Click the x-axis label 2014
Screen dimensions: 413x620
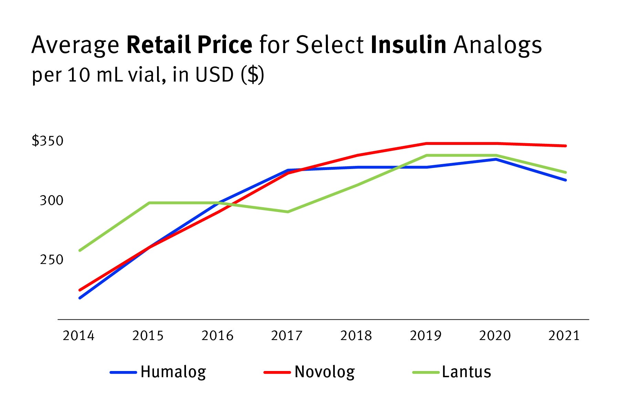click(x=79, y=336)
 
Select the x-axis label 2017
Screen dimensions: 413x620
click(x=287, y=336)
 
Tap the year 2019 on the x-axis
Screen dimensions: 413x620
click(x=425, y=336)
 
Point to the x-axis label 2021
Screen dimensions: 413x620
click(x=564, y=336)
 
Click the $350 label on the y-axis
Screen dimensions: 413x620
click(x=48, y=141)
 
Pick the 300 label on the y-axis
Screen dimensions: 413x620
click(x=52, y=200)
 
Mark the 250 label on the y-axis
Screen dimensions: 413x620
click(x=52, y=260)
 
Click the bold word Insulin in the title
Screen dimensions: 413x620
click(x=409, y=45)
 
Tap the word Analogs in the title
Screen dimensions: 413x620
click(x=498, y=45)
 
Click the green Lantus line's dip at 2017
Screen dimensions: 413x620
click(x=288, y=212)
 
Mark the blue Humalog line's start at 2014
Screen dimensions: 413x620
click(x=80, y=298)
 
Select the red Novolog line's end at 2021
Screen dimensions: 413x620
click(x=565, y=146)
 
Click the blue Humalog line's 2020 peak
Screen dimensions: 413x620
click(x=496, y=159)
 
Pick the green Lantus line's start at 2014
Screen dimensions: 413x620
click(x=80, y=250)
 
